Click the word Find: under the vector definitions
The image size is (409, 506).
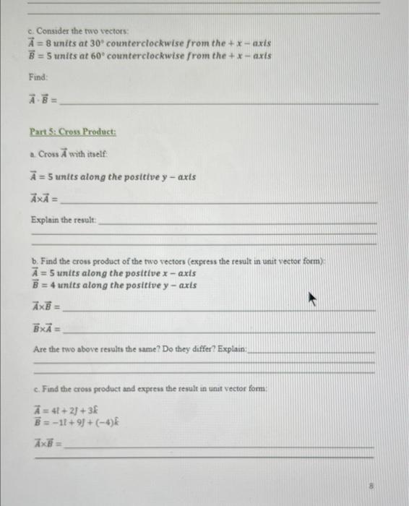tap(39, 77)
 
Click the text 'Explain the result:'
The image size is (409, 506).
tap(64, 219)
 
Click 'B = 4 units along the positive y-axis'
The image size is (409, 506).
tap(107, 285)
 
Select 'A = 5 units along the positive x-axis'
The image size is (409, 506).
tap(107, 273)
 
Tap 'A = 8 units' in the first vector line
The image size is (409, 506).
tap(56, 44)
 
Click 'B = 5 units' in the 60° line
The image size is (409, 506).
tap(55, 56)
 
